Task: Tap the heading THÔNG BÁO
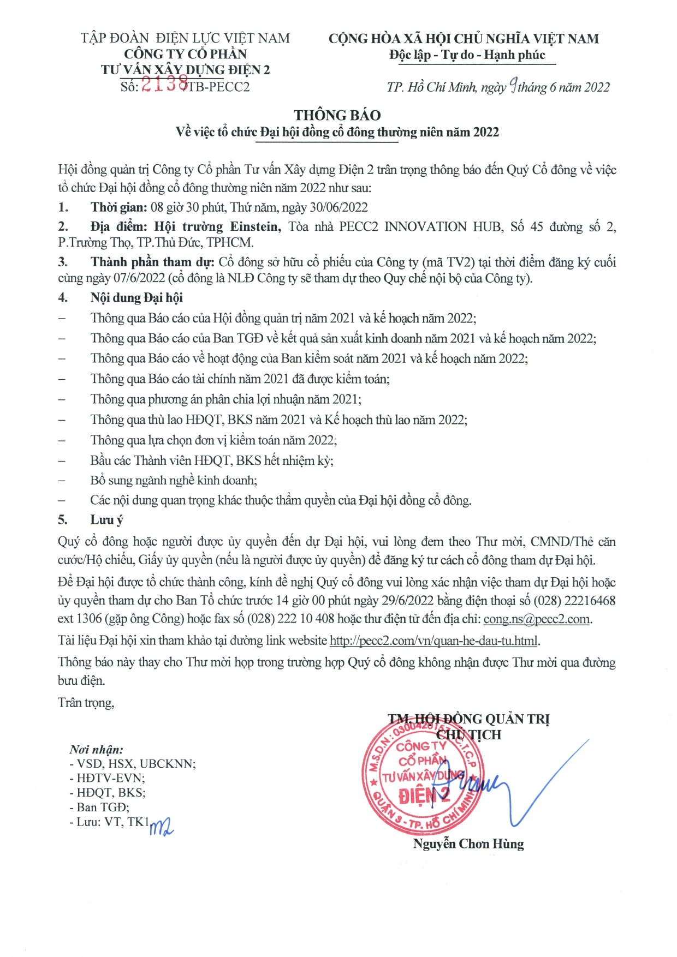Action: tap(337, 115)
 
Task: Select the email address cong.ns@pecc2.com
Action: tap(537, 619)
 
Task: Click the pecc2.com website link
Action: tap(435, 641)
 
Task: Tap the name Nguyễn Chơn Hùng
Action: tap(468, 844)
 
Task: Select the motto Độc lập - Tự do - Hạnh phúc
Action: tap(467, 55)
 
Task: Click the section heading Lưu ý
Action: tap(107, 519)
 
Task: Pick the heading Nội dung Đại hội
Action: tap(136, 297)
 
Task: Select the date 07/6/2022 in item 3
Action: tap(139, 278)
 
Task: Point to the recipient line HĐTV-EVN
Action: tap(111, 778)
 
